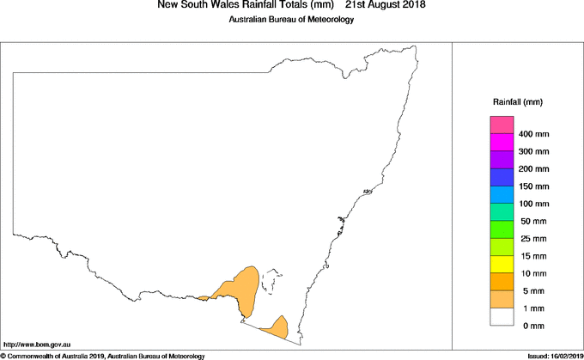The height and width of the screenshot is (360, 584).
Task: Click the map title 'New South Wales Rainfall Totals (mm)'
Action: [x=245, y=5]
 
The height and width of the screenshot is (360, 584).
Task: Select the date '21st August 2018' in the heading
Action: [x=385, y=5]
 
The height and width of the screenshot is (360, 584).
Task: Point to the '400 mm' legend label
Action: [x=533, y=134]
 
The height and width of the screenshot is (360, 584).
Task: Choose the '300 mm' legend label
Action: [x=533, y=151]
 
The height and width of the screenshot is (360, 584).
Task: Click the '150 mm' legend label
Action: [x=533, y=186]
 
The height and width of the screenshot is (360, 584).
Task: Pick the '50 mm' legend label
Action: [x=532, y=221]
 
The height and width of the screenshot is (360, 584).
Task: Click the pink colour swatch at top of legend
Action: [x=502, y=125]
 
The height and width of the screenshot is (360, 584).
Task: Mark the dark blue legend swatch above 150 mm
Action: [x=502, y=177]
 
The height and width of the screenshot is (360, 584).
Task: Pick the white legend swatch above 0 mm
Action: [x=502, y=316]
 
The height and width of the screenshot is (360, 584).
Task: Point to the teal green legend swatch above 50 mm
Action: [x=502, y=212]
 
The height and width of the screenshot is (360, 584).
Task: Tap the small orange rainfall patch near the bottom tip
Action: [x=276, y=327]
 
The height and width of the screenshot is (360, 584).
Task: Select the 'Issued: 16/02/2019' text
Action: [x=551, y=356]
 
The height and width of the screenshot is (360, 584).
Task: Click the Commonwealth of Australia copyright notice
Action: [x=102, y=356]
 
